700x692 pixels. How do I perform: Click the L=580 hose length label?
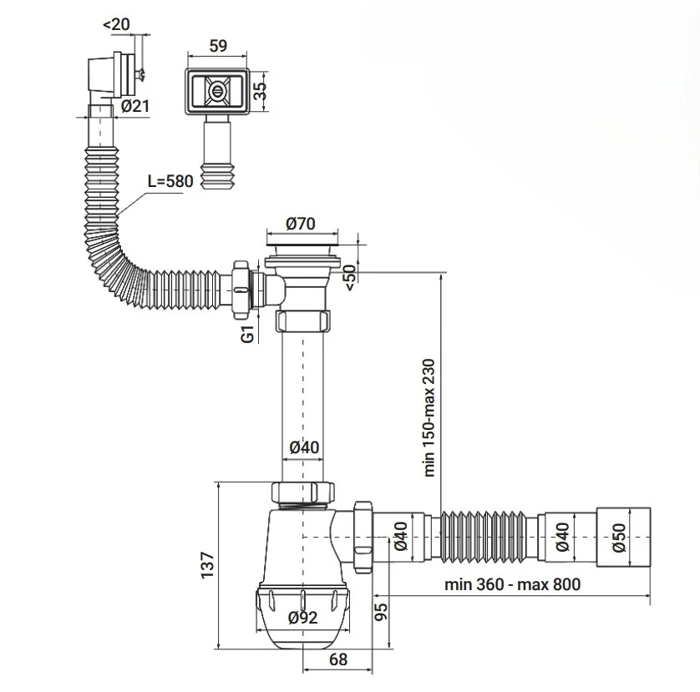170,182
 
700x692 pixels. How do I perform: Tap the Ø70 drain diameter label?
301,224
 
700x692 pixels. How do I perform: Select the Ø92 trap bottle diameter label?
302,618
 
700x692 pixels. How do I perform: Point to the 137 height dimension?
208,565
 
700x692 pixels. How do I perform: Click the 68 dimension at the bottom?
338,659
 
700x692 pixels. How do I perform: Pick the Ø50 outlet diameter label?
619,538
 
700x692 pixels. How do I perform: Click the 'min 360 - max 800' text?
513,584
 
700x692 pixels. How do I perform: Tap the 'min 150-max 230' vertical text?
429,417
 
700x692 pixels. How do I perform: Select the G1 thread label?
247,334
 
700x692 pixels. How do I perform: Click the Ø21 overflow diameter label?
135,106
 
